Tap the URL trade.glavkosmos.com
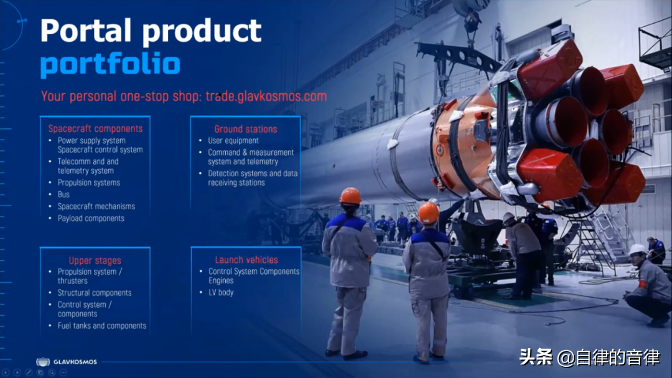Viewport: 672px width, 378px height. click(266, 96)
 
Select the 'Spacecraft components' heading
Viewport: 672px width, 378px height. click(95, 129)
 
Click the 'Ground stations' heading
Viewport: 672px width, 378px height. click(246, 129)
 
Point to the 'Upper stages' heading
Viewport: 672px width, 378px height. click(95, 261)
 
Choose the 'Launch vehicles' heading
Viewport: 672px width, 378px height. click(246, 260)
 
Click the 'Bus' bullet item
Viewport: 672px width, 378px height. click(63, 194)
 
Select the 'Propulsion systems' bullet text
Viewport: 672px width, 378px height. click(89, 183)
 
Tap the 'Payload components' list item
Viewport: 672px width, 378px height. click(91, 219)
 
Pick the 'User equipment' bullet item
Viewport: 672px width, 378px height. click(233, 141)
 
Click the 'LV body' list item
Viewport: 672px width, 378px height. click(221, 293)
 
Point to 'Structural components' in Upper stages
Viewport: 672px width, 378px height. click(95, 293)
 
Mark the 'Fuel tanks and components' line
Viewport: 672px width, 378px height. click(102, 326)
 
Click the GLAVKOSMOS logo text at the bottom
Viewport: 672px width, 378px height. click(75, 362)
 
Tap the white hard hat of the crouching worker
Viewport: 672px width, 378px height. click(637, 249)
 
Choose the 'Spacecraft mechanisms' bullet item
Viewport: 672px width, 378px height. click(96, 206)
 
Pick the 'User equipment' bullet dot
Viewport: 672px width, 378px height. click(200, 140)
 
